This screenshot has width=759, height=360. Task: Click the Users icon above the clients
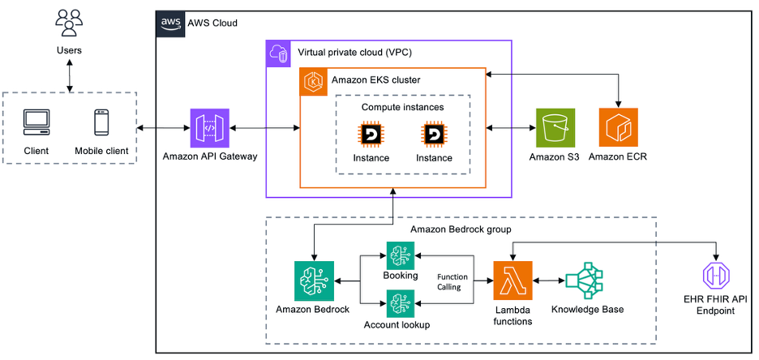click(68, 23)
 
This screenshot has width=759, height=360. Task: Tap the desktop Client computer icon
click(36, 122)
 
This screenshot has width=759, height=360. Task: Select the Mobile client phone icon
click(101, 122)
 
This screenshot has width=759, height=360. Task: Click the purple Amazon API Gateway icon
click(209, 128)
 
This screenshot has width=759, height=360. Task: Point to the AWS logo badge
click(169, 23)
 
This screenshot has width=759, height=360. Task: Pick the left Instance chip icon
click(371, 133)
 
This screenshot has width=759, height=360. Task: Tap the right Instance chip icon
click(434, 133)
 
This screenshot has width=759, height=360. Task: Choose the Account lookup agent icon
click(400, 304)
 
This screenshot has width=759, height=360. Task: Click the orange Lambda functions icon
click(512, 281)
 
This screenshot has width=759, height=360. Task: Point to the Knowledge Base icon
click(585, 281)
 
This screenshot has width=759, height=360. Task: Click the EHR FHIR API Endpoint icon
click(717, 277)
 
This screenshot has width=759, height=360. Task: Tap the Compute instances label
click(402, 106)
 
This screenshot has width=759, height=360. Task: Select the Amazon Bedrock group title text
click(461, 229)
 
